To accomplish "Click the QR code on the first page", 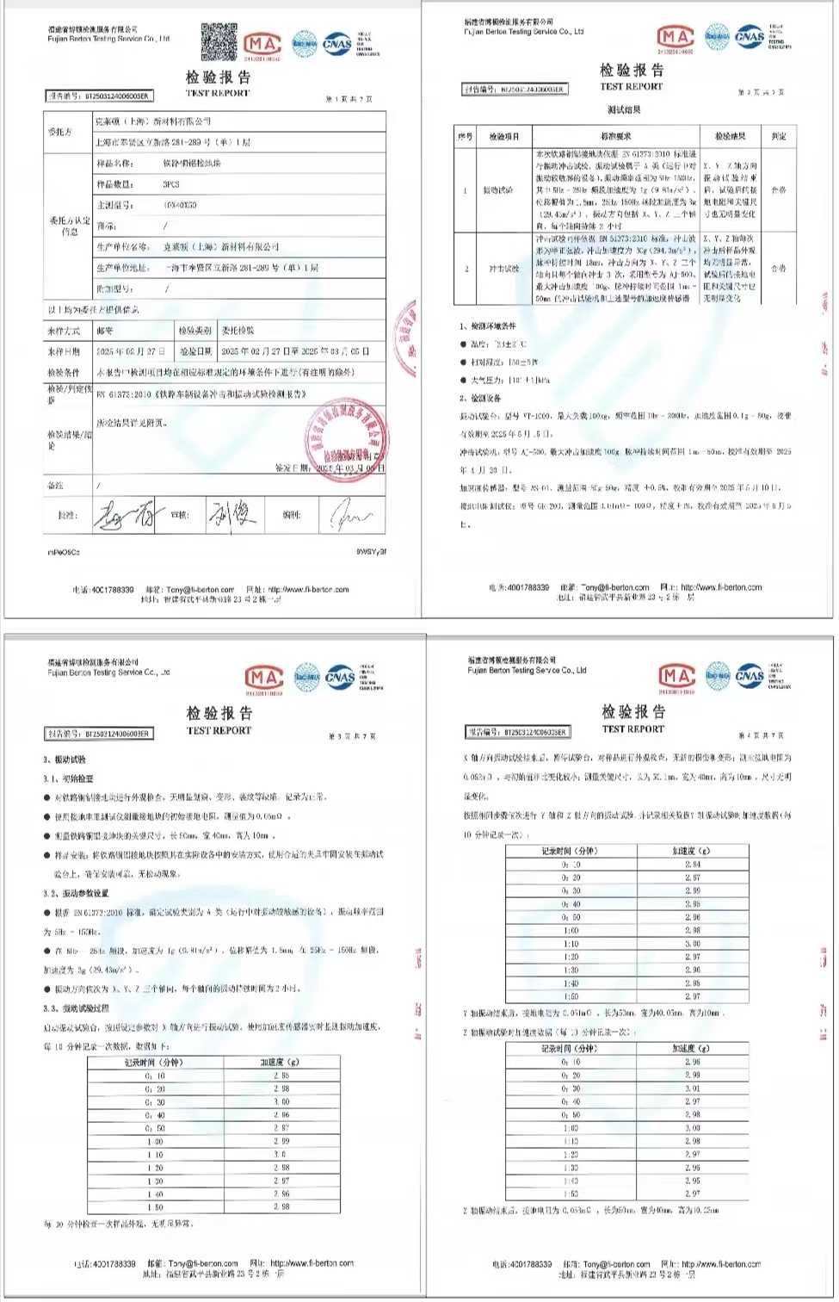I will click(219, 41).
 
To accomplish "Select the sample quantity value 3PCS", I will click(171, 184).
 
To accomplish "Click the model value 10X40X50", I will click(180, 205).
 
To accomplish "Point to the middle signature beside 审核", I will click(232, 515).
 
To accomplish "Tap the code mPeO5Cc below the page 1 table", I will click(64, 552).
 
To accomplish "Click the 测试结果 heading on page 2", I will click(623, 110).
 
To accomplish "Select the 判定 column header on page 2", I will click(778, 136).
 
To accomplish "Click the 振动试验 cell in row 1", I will click(499, 189).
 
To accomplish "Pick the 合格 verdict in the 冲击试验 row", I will click(778, 269).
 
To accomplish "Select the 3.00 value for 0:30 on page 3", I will click(281, 1102).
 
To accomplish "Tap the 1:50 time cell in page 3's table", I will click(155, 1207).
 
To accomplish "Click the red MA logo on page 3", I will click(263, 678).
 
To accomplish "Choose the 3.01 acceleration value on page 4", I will click(692, 1088).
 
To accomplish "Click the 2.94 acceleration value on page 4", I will click(692, 864).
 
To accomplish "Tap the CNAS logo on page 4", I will click(750, 675).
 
